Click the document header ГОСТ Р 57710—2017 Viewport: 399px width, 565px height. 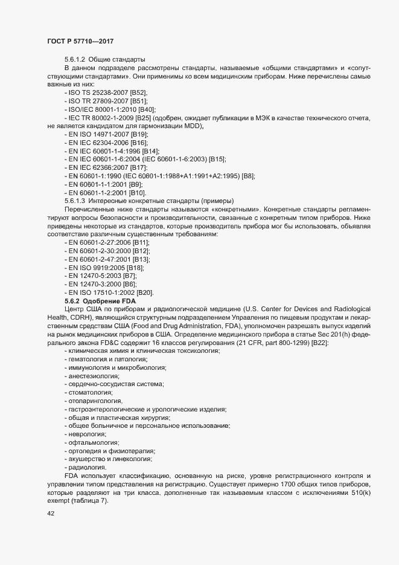80,40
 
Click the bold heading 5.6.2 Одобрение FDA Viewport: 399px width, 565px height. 101,300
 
